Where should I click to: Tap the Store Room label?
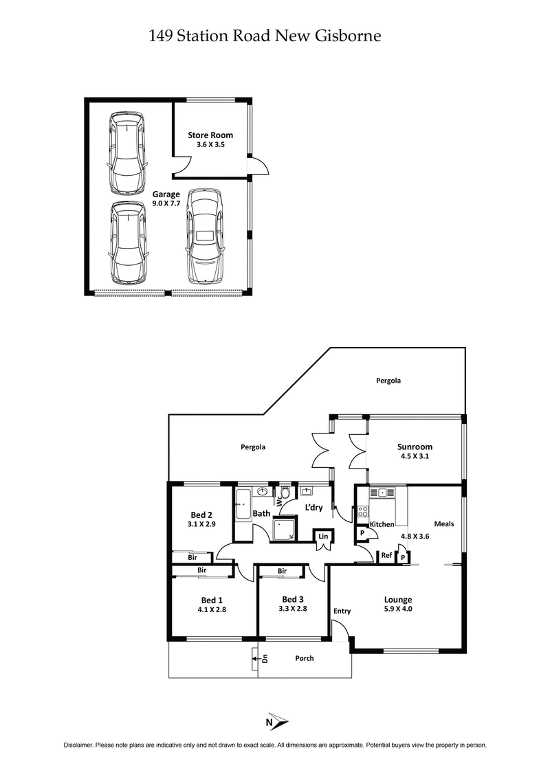pyautogui.click(x=210, y=135)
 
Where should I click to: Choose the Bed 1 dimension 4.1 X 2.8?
pyautogui.click(x=212, y=607)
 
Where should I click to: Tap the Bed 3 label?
pyautogui.click(x=292, y=598)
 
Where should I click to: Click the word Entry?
pyautogui.click(x=342, y=611)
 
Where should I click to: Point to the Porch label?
pyautogui.click(x=304, y=658)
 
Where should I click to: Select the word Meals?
pyautogui.click(x=443, y=523)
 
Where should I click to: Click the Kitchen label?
pyautogui.click(x=382, y=524)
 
